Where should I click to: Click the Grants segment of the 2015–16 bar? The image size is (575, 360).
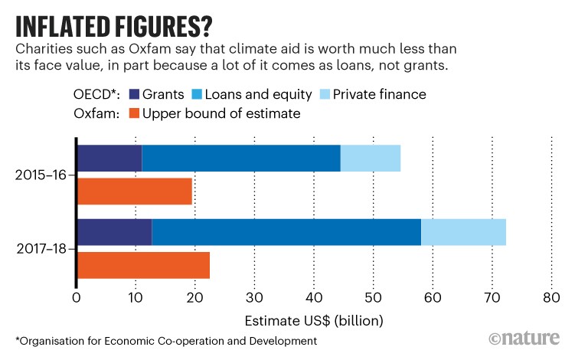(x=109, y=158)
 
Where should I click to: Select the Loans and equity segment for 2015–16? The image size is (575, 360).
(x=241, y=158)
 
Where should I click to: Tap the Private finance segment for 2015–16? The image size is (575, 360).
(x=371, y=158)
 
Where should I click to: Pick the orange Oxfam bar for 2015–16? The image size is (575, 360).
(x=135, y=191)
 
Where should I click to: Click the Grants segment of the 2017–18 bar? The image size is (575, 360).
(x=115, y=232)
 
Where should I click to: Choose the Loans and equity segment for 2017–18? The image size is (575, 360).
(x=286, y=232)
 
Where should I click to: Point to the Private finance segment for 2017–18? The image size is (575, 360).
(x=463, y=232)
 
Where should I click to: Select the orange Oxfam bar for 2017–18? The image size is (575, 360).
(x=143, y=265)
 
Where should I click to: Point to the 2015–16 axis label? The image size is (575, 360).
(x=41, y=175)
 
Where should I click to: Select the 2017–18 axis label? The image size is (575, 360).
(x=41, y=249)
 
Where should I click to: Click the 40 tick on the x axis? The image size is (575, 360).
(x=314, y=297)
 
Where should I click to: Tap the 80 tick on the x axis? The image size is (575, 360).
(x=551, y=297)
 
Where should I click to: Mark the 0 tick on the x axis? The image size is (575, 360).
(x=77, y=297)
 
